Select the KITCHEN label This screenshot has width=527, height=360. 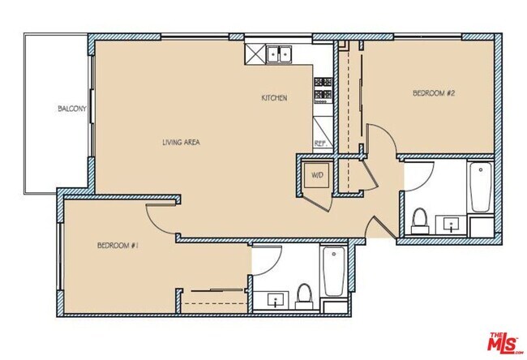(274, 98)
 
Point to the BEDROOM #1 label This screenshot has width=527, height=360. (118, 244)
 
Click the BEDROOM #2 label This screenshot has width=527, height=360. (434, 93)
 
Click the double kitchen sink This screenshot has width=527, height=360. (280, 54)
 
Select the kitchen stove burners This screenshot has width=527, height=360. (322, 88)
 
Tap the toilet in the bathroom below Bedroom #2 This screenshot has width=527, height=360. (419, 221)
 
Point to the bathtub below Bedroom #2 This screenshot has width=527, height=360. (481, 188)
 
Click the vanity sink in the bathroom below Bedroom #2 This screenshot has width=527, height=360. (450, 224)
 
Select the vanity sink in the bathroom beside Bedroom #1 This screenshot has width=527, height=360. (276, 299)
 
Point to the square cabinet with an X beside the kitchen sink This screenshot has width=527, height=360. (256, 54)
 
